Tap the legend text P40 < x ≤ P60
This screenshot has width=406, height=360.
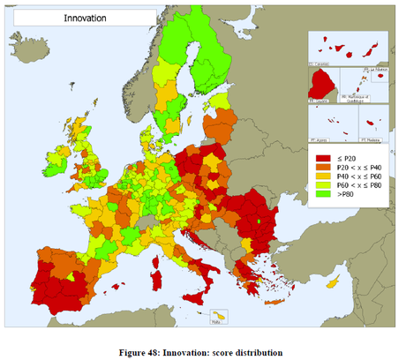tap(360, 184)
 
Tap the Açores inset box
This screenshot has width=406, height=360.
tap(330, 125)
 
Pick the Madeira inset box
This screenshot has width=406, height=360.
tap(375, 125)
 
